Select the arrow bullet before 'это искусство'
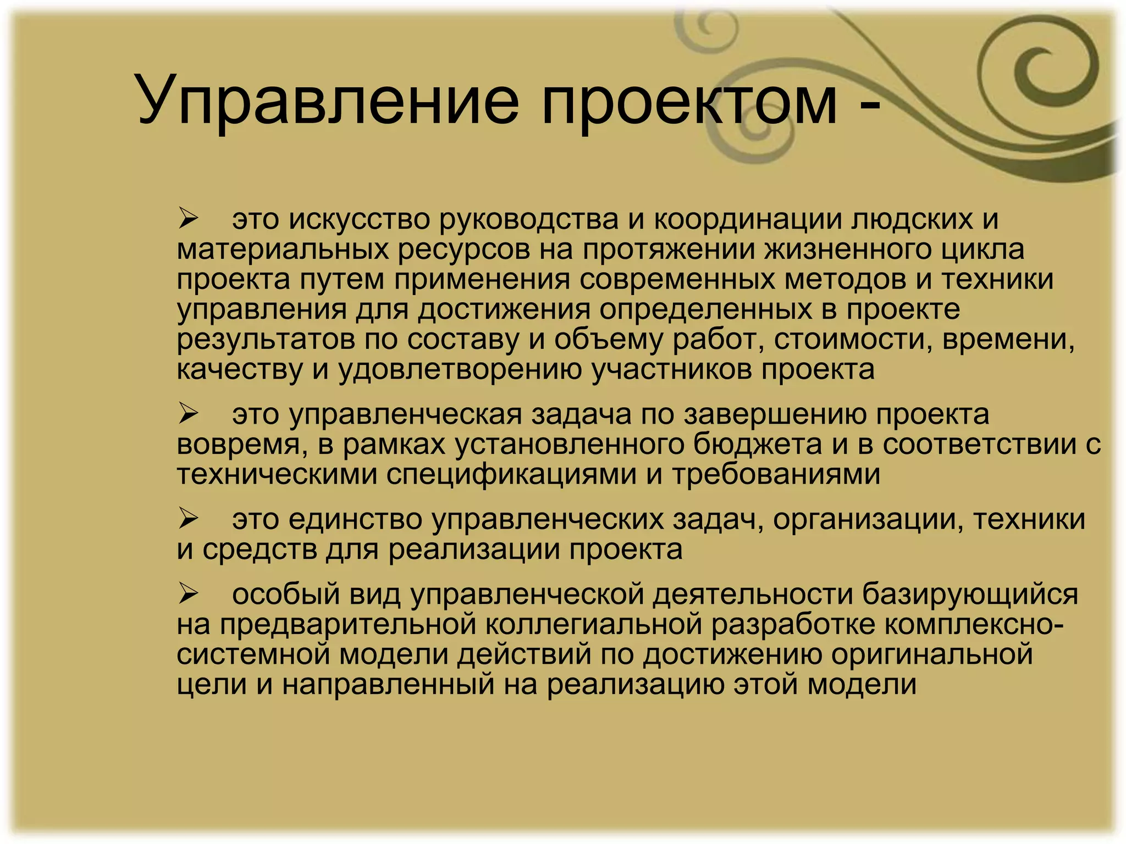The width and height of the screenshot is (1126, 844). click(188, 219)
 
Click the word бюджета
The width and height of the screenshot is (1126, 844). click(758, 444)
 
